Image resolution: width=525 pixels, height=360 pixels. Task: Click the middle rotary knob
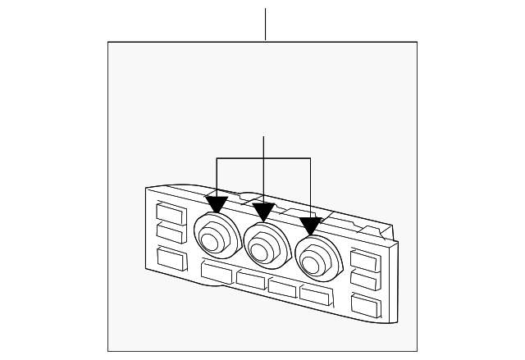click(x=264, y=244)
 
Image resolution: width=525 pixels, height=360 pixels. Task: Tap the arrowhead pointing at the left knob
click(x=217, y=203)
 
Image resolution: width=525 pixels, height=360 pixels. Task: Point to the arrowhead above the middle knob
click(x=262, y=212)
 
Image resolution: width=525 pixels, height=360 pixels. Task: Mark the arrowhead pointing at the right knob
click(x=310, y=225)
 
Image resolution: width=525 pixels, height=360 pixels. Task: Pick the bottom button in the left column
click(x=170, y=258)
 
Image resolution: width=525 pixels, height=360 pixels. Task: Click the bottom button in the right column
click(x=365, y=307)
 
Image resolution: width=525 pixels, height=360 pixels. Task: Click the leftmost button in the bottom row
click(x=217, y=272)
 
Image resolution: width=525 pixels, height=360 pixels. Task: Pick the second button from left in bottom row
click(x=250, y=280)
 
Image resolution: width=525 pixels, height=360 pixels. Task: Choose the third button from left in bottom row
click(x=282, y=288)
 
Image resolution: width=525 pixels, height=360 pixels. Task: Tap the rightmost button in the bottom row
click(x=315, y=295)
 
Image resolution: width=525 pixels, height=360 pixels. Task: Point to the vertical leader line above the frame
click(x=266, y=25)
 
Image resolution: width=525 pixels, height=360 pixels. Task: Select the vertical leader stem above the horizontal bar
click(x=263, y=147)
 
